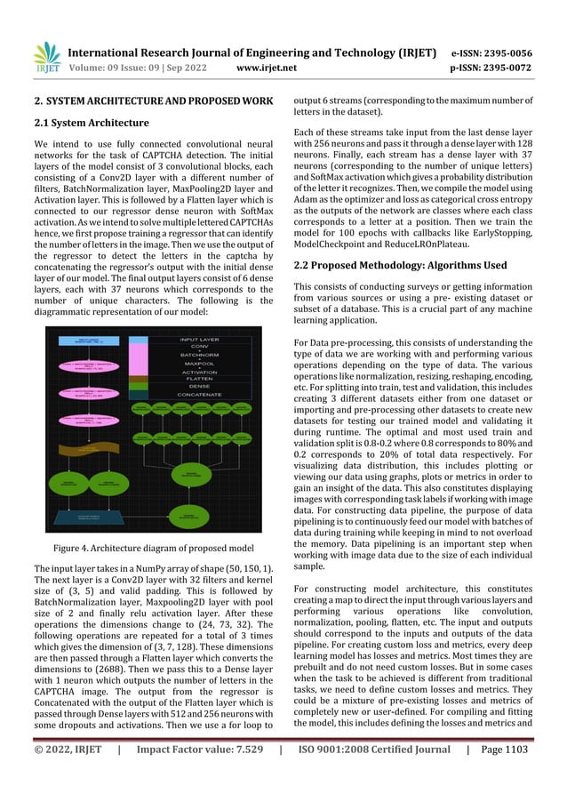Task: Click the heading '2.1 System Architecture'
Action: (x=92, y=123)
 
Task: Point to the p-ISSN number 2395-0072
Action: (x=507, y=66)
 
